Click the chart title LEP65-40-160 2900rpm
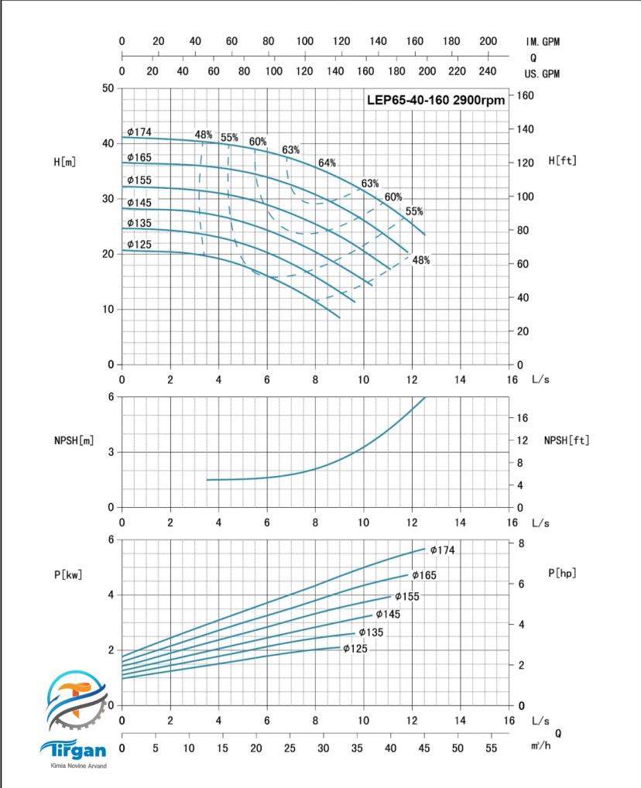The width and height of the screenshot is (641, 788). pyautogui.click(x=435, y=100)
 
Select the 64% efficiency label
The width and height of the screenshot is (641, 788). pyautogui.click(x=327, y=163)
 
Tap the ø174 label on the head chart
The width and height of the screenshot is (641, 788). pyautogui.click(x=139, y=132)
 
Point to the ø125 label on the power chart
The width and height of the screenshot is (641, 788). pyautogui.click(x=355, y=649)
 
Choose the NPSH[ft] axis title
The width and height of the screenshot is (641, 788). pyautogui.click(x=566, y=440)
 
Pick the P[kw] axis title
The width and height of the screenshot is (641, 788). pyautogui.click(x=68, y=574)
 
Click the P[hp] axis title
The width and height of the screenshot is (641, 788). pyautogui.click(x=562, y=573)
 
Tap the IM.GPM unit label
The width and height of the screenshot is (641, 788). pyautogui.click(x=542, y=42)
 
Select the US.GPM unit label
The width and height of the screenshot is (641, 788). pyautogui.click(x=542, y=74)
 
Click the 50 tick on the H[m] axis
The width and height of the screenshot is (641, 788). pyautogui.click(x=108, y=88)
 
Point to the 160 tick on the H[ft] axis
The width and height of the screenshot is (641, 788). pyautogui.click(x=526, y=95)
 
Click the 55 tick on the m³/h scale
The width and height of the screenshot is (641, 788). pyautogui.click(x=490, y=749)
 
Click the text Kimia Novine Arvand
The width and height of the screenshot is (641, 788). pyautogui.click(x=75, y=766)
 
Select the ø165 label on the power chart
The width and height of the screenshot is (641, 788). pyautogui.click(x=424, y=575)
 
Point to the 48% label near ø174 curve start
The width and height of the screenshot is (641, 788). pyautogui.click(x=204, y=135)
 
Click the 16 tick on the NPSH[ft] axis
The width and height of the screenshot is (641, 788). pyautogui.click(x=522, y=418)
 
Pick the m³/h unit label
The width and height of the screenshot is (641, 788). pyautogui.click(x=542, y=745)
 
